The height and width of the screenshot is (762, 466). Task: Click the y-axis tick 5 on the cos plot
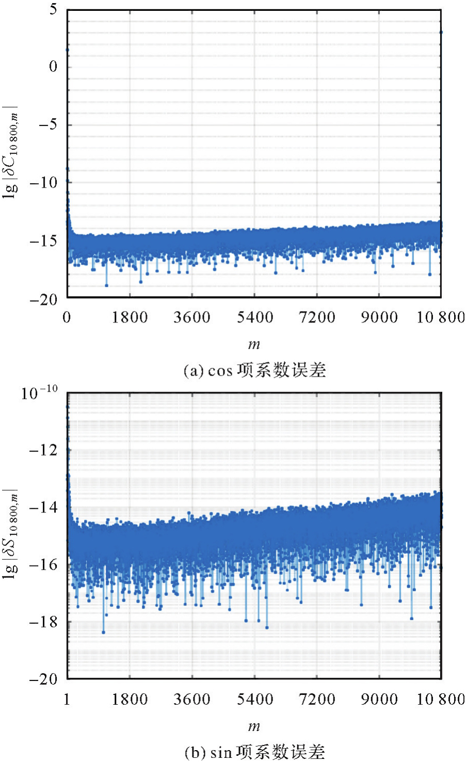(x=54, y=10)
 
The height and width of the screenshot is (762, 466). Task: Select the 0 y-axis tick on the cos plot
(x=53, y=67)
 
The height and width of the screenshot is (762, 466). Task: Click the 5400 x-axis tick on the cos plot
(x=254, y=317)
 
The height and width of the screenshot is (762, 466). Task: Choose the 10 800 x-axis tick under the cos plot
(x=441, y=317)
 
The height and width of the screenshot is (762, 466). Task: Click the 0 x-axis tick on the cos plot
(x=67, y=317)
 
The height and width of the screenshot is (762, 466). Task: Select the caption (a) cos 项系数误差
(x=254, y=370)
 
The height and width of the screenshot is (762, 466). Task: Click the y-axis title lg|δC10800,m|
(x=11, y=150)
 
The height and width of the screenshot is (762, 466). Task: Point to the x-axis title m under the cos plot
(x=254, y=344)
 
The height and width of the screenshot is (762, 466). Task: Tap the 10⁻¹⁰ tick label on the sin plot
(x=39, y=393)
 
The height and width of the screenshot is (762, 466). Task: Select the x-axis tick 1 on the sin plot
(x=67, y=699)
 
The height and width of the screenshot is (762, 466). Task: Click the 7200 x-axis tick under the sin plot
(x=317, y=699)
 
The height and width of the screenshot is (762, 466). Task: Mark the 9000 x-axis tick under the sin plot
(x=379, y=699)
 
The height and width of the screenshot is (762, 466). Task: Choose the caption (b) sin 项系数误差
(x=254, y=752)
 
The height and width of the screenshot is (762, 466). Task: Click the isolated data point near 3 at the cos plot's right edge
(x=441, y=32)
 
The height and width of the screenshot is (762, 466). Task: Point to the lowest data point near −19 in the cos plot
(x=107, y=285)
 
